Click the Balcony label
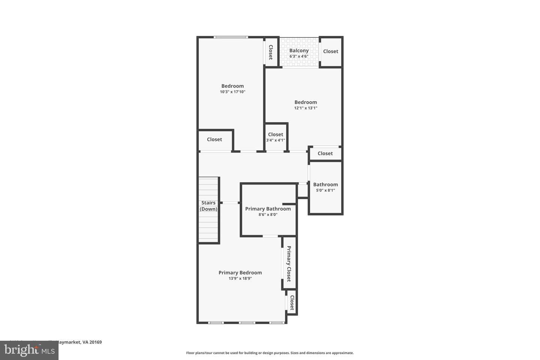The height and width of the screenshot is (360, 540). (x=299, y=51)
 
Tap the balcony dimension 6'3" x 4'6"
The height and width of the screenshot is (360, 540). (x=299, y=57)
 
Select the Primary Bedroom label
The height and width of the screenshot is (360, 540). (x=240, y=273)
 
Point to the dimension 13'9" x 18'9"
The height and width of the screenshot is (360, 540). (x=240, y=279)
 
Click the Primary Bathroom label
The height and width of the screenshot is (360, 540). (x=268, y=209)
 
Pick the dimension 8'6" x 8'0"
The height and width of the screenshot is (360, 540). (x=268, y=215)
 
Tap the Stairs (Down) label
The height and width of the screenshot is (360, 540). (x=208, y=206)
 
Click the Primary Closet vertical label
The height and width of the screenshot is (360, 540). (x=289, y=264)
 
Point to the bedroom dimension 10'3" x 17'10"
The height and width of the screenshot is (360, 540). (x=232, y=92)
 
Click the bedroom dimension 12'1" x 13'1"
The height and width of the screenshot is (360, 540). (x=306, y=108)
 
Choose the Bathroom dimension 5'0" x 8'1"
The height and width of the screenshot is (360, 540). (x=325, y=190)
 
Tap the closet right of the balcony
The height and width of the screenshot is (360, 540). (x=330, y=51)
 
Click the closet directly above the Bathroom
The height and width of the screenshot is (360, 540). (x=325, y=153)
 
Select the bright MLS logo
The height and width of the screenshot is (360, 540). (x=29, y=351)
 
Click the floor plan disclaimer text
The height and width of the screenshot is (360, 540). (x=270, y=353)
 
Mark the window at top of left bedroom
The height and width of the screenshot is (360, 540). (x=231, y=37)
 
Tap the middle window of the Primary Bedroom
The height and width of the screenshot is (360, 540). (x=247, y=322)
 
